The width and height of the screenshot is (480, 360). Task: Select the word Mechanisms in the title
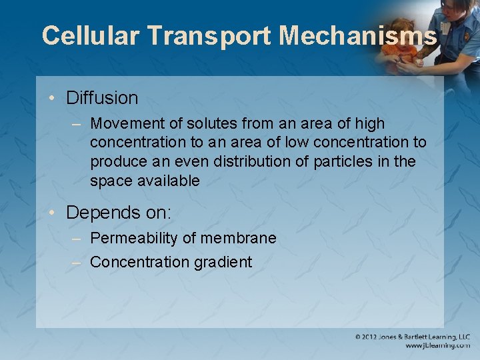coord(359,35)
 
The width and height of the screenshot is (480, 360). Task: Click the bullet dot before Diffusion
coord(51,99)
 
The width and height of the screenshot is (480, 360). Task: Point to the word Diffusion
coord(102,98)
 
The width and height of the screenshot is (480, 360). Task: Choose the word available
coord(169,181)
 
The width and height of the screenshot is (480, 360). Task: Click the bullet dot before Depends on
coord(51,214)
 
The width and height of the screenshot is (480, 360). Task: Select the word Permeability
coord(132,239)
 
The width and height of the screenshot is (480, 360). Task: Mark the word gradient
coord(223,263)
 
